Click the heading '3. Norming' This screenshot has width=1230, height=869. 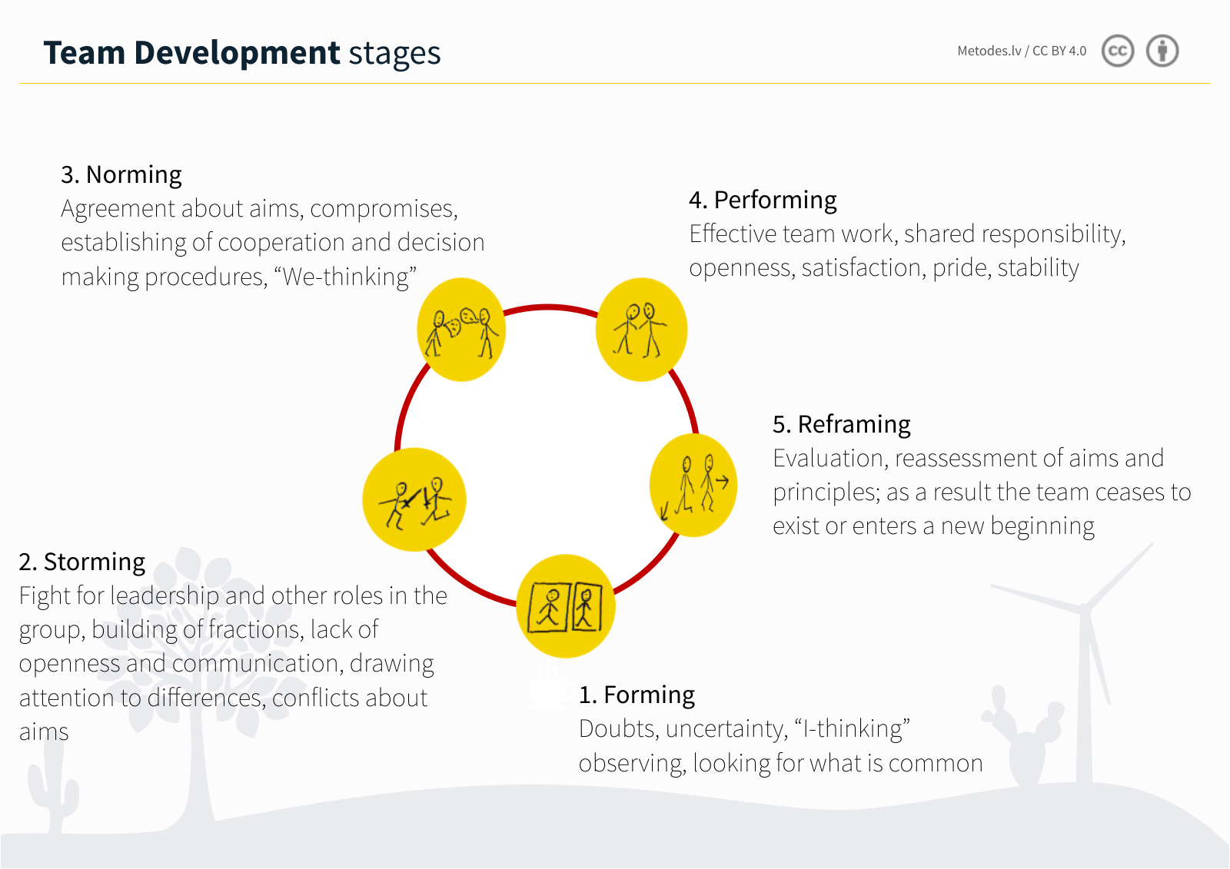tap(121, 175)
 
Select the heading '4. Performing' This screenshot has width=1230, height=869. tap(763, 200)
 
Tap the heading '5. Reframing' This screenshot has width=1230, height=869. tap(841, 424)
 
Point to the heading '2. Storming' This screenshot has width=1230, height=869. tap(82, 562)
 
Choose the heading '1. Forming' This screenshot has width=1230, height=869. tap(637, 695)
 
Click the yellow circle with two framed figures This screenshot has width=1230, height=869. tap(566, 606)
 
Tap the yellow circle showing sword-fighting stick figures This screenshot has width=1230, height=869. tap(414, 499)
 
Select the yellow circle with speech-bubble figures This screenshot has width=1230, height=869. tap(461, 330)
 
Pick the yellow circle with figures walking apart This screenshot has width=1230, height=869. tap(693, 485)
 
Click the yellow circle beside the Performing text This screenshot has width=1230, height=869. tap(641, 330)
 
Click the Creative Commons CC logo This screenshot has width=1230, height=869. tap(1118, 51)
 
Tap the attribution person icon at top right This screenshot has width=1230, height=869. tap(1162, 51)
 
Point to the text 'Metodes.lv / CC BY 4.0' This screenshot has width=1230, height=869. tap(1022, 51)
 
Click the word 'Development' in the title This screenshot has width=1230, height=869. tap(237, 53)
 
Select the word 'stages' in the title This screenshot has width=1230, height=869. tap(394, 54)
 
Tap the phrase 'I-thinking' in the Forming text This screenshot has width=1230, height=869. tap(852, 728)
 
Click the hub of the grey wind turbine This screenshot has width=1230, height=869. tap(1085, 609)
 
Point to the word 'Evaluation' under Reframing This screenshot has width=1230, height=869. tap(829, 458)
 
